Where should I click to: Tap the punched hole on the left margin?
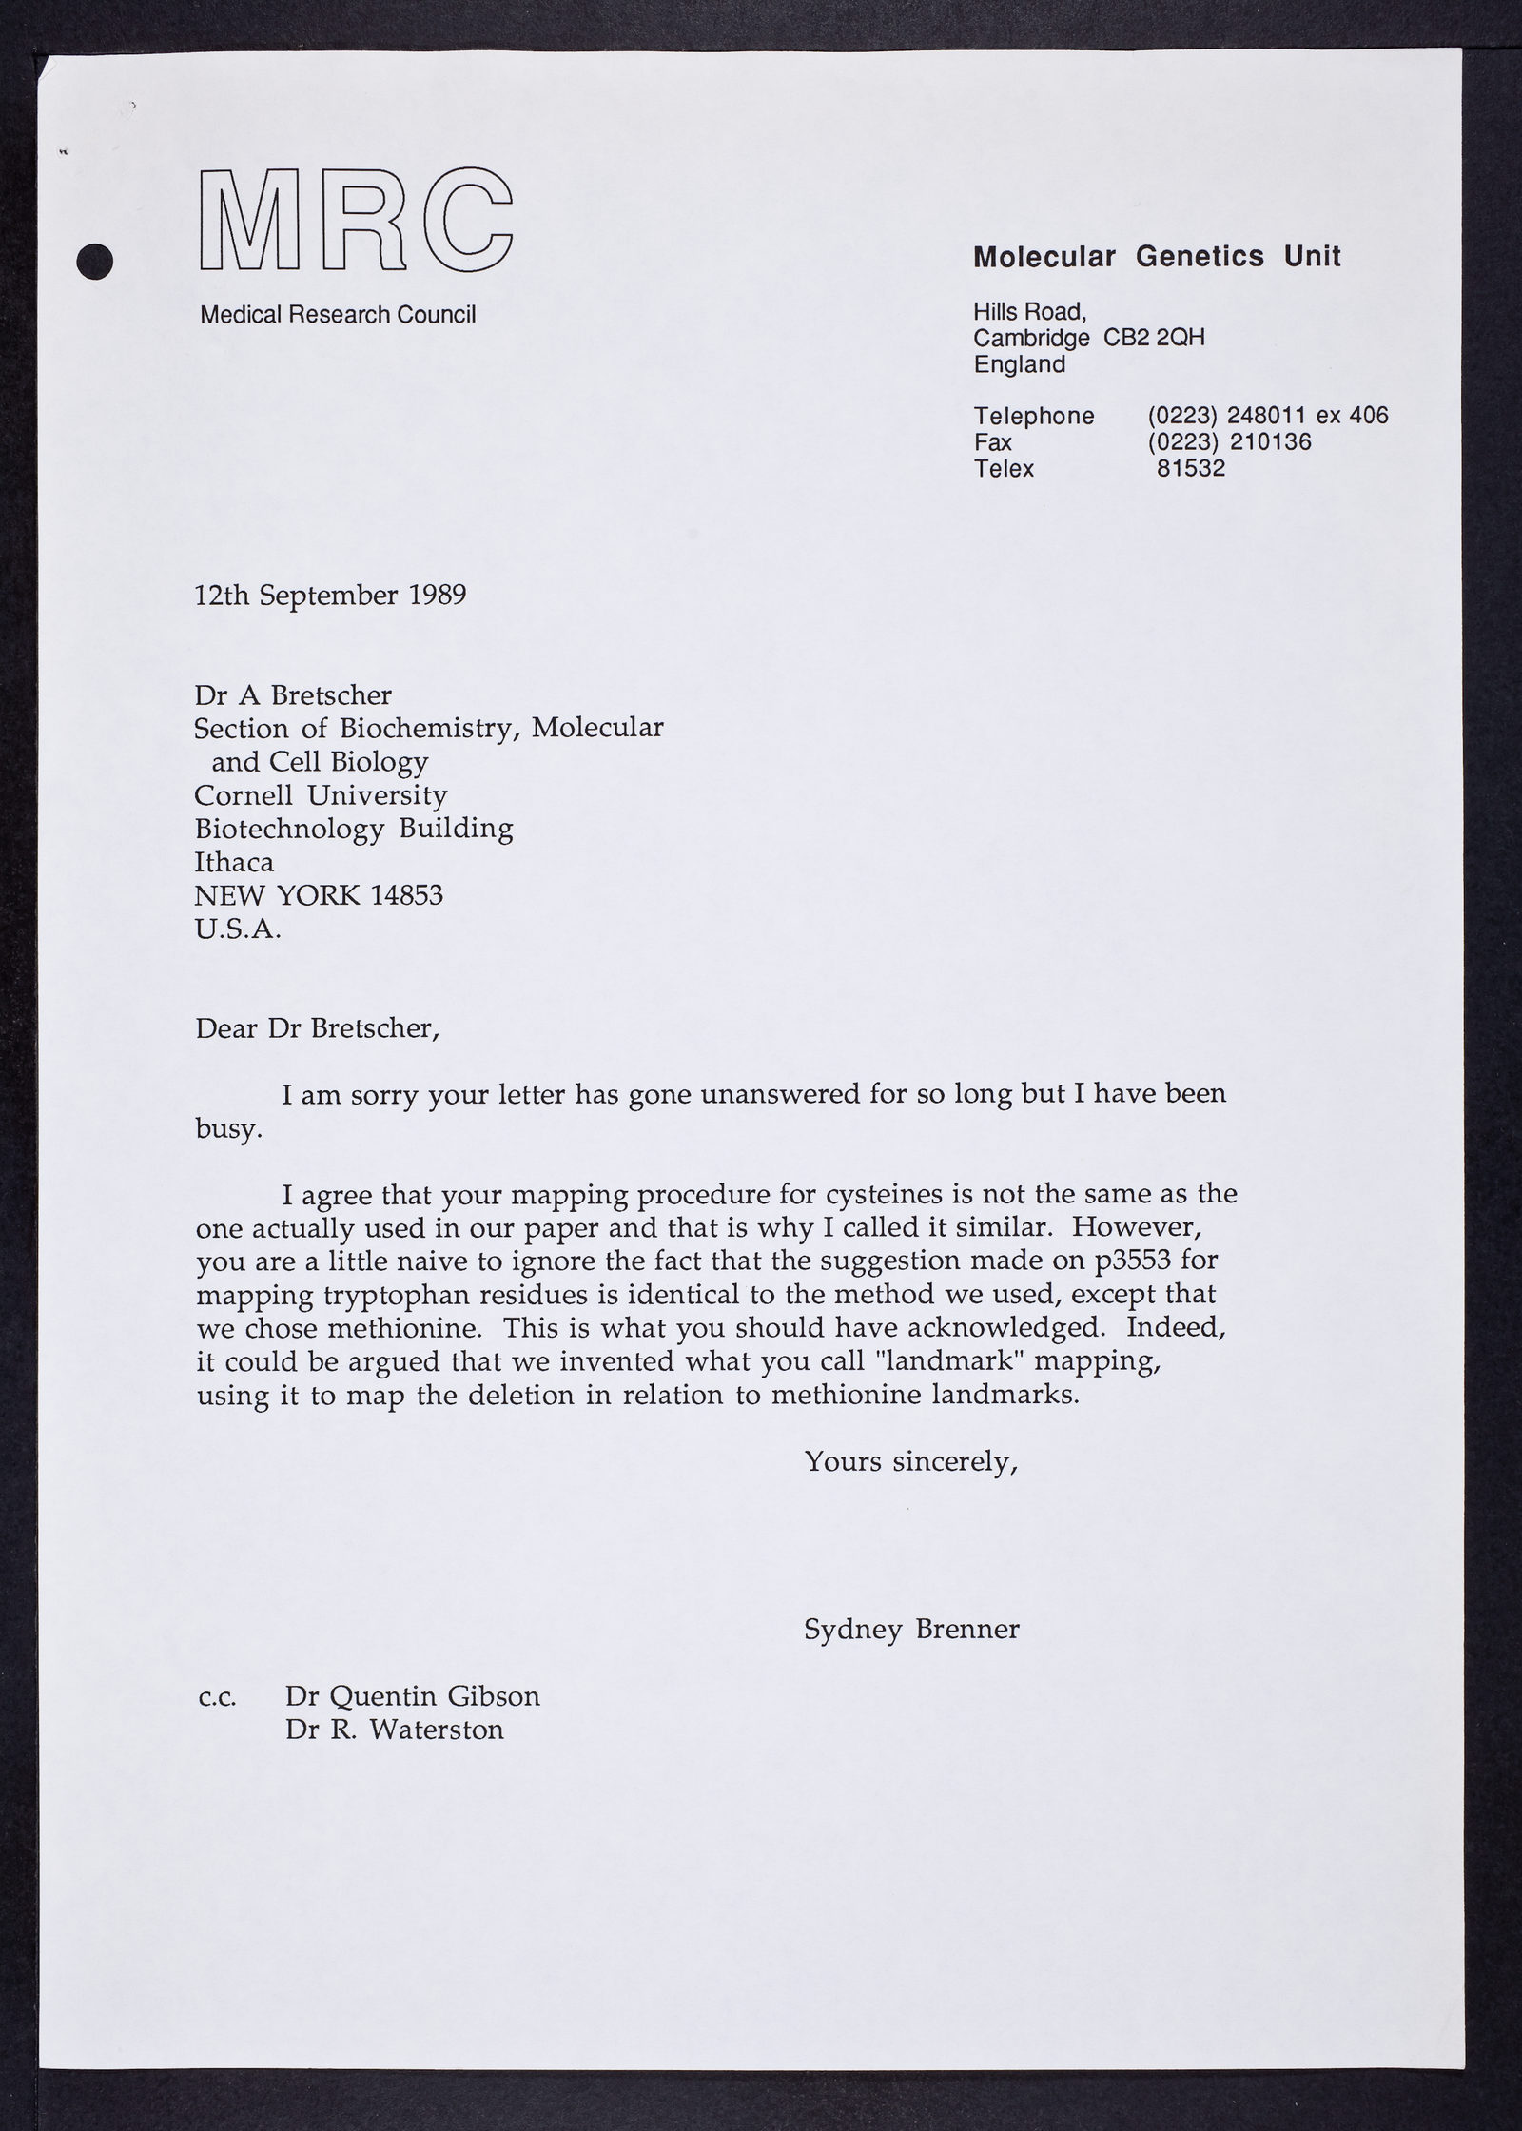(x=94, y=261)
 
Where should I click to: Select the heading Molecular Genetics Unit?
(x=1157, y=256)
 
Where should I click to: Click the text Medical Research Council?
(x=338, y=315)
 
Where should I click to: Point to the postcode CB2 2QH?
(x=1154, y=338)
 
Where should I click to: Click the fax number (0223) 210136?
(x=1229, y=441)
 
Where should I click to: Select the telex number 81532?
(x=1191, y=468)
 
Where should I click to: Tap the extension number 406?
(x=1369, y=416)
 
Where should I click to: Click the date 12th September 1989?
(x=330, y=596)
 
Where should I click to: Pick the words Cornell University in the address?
(x=321, y=794)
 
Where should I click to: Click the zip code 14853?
(x=406, y=895)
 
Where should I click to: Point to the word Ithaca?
(x=234, y=862)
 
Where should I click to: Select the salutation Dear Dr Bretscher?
(x=317, y=1028)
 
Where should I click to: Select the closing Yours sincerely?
(x=911, y=1461)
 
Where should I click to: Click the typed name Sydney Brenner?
(x=911, y=1629)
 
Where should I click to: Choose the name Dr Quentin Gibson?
(x=412, y=1695)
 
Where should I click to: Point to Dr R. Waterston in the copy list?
(x=394, y=1729)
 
